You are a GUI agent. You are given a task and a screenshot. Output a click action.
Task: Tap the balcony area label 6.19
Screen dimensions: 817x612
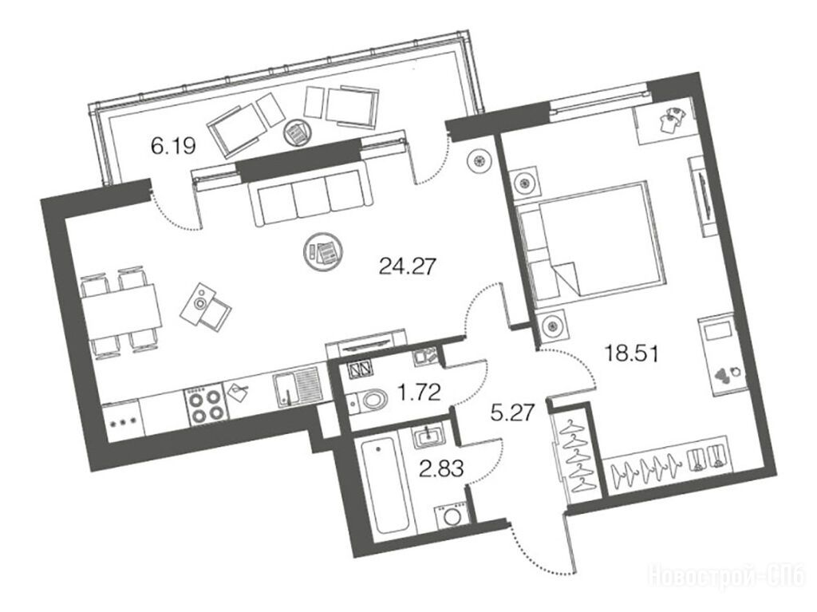pyautogui.click(x=173, y=147)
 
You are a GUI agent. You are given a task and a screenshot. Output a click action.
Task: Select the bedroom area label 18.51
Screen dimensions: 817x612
pyautogui.click(x=632, y=354)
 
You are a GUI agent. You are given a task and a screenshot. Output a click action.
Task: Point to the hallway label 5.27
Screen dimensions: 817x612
pyautogui.click(x=513, y=413)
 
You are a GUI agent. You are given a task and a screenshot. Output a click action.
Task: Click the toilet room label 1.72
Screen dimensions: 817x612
pyautogui.click(x=419, y=391)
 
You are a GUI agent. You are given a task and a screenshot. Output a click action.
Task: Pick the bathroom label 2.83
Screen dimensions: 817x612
pyautogui.click(x=441, y=468)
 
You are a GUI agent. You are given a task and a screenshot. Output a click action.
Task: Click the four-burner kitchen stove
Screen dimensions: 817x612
pyautogui.click(x=205, y=406)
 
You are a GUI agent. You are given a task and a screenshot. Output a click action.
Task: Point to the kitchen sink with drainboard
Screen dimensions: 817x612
pyautogui.click(x=298, y=385)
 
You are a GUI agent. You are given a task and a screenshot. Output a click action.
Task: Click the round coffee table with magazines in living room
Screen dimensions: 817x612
pyautogui.click(x=322, y=252)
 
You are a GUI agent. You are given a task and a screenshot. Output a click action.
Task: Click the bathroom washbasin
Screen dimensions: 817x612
pyautogui.click(x=428, y=434)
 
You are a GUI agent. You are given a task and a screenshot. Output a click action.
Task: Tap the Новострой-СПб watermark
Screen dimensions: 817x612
pyautogui.click(x=728, y=576)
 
